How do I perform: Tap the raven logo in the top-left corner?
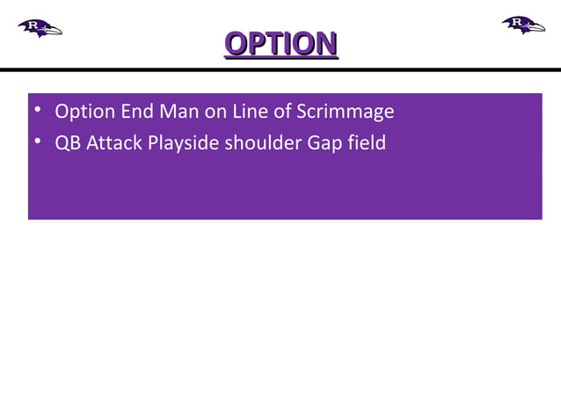click(40, 27)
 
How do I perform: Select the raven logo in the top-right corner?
click(523, 25)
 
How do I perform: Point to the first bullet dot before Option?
click(36, 112)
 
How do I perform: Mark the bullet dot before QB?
click(36, 141)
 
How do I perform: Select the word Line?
click(251, 112)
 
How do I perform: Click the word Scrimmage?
click(346, 112)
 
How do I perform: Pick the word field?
click(367, 141)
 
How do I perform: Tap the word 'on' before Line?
click(215, 112)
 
